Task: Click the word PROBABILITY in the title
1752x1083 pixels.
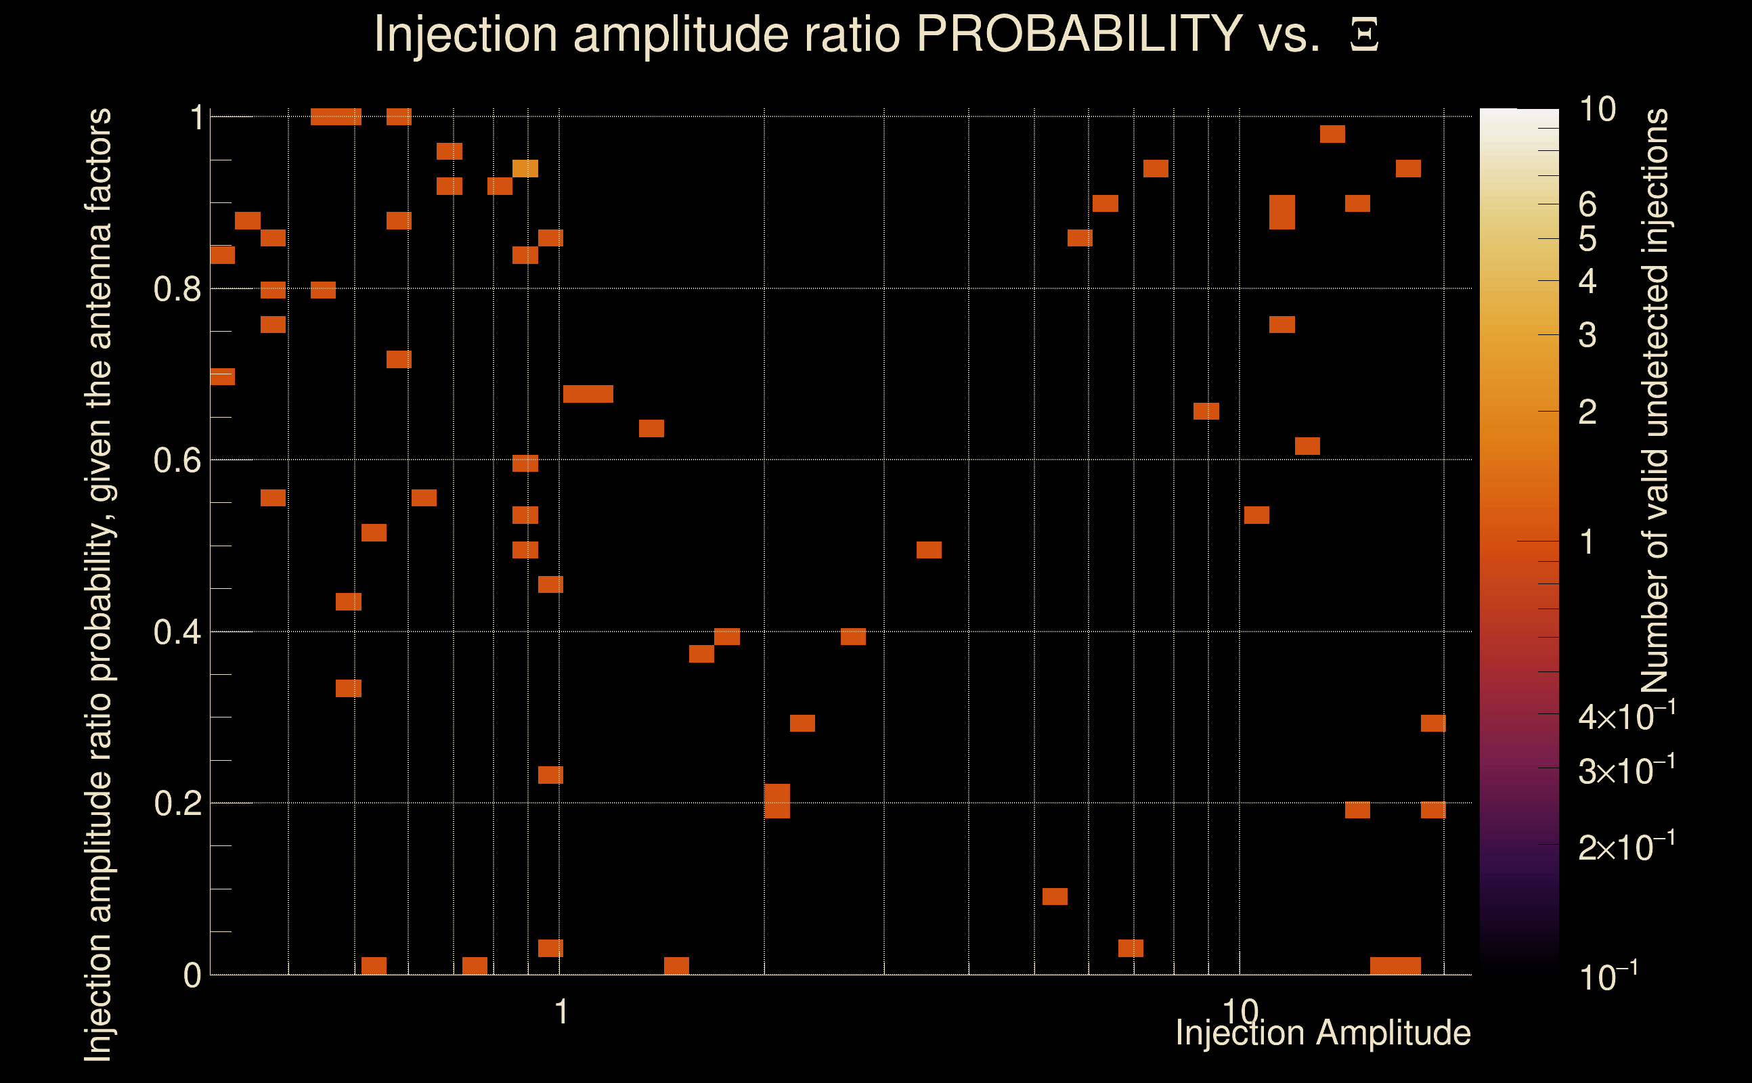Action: click(x=1079, y=34)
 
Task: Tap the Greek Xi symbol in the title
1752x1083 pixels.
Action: click(x=1364, y=35)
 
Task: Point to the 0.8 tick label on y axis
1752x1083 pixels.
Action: click(x=177, y=290)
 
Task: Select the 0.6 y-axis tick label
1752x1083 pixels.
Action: click(x=177, y=460)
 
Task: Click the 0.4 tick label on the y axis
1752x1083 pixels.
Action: click(x=177, y=632)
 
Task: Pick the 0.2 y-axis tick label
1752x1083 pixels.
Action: click(x=177, y=803)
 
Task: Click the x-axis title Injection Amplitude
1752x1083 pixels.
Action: click(x=1323, y=1033)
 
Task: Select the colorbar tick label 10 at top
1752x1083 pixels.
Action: click(x=1597, y=110)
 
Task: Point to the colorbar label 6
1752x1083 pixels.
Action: click(x=1587, y=205)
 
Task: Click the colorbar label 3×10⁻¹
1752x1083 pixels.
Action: click(x=1627, y=771)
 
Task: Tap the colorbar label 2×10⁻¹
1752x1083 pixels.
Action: click(x=1627, y=847)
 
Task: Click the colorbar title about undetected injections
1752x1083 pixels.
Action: click(x=1655, y=401)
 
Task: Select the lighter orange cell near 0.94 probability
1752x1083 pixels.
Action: click(x=525, y=169)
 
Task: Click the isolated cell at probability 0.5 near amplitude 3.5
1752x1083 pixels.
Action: click(x=929, y=550)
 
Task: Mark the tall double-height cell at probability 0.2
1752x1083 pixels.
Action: click(x=777, y=801)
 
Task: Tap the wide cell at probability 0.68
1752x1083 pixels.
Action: click(x=588, y=393)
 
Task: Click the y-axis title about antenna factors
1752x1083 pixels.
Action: click(x=99, y=583)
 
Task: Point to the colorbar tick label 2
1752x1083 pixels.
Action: click(x=1587, y=412)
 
